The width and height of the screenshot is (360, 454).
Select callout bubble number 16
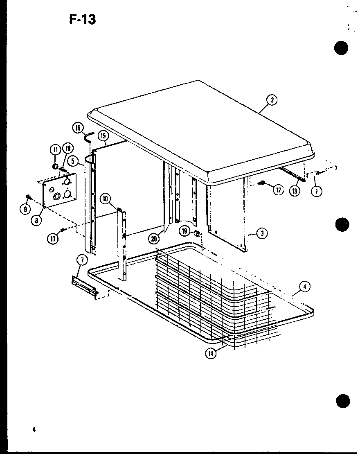(x=77, y=128)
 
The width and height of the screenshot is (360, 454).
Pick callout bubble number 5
(x=72, y=161)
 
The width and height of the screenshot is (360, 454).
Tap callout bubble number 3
(x=261, y=233)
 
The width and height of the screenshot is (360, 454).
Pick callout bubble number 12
(x=278, y=190)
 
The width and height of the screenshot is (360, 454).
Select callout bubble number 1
(x=315, y=190)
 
